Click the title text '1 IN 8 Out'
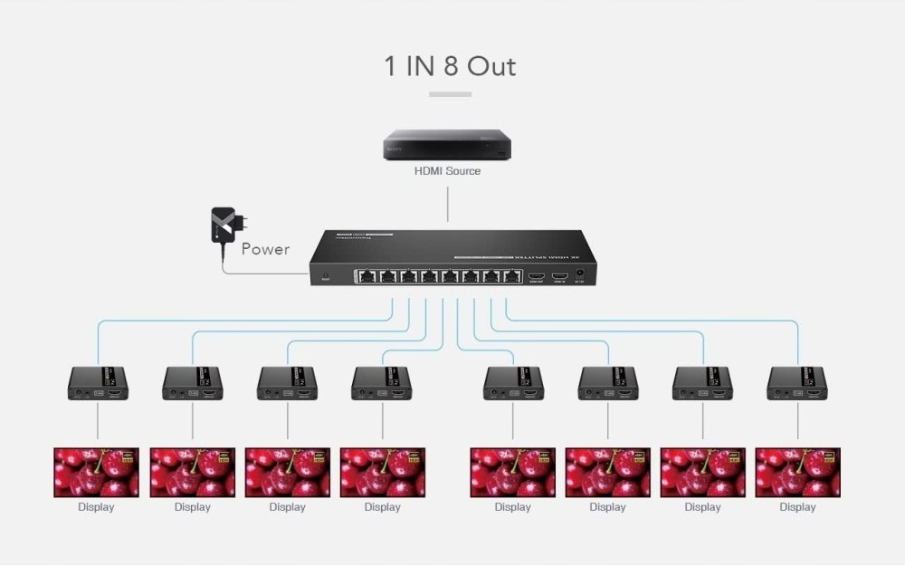(450, 66)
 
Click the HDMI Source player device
(447, 145)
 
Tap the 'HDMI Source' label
(447, 170)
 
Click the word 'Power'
(265, 249)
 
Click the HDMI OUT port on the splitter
(537, 274)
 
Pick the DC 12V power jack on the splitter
(580, 273)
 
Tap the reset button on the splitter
(325, 274)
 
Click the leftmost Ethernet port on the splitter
(367, 275)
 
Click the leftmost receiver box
(98, 383)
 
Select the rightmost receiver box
(796, 383)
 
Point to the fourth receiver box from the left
(381, 383)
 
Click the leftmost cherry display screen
(96, 472)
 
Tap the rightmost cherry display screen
(797, 472)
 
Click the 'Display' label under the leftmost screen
(96, 507)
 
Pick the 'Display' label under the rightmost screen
(797, 507)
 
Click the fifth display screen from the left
(512, 472)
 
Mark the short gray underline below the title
(450, 94)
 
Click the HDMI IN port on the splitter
(559, 274)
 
